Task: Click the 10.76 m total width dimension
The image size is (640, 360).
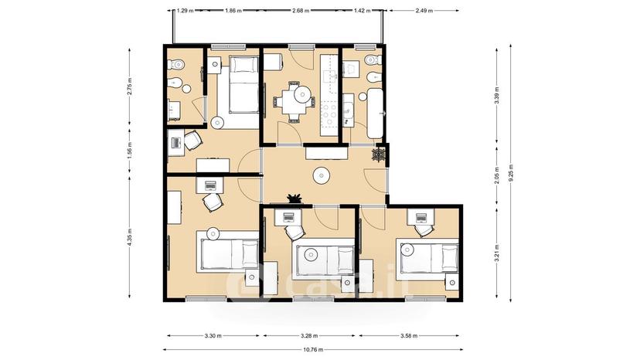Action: click(313, 349)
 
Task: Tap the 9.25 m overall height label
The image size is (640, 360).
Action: click(511, 174)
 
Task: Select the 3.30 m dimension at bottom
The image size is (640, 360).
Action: click(213, 336)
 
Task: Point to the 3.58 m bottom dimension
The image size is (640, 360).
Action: click(409, 336)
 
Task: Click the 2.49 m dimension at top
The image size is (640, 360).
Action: click(424, 11)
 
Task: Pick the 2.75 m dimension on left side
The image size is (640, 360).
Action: click(130, 86)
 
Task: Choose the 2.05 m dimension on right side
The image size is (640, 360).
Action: click(497, 175)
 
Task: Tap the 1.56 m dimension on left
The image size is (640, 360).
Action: click(130, 150)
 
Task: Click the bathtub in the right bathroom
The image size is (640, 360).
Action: click(375, 113)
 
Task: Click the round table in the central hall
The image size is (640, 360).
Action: click(321, 176)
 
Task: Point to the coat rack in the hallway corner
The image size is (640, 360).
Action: click(379, 155)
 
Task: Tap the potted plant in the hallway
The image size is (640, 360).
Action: click(294, 199)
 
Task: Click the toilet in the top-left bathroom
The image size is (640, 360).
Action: click(176, 63)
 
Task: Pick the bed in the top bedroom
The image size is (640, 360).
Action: click(243, 84)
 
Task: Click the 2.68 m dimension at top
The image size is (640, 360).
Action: click(301, 11)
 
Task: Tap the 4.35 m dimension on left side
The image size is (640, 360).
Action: click(130, 237)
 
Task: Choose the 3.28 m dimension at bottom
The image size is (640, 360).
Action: click(310, 336)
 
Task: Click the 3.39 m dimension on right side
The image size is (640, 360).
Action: click(497, 96)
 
